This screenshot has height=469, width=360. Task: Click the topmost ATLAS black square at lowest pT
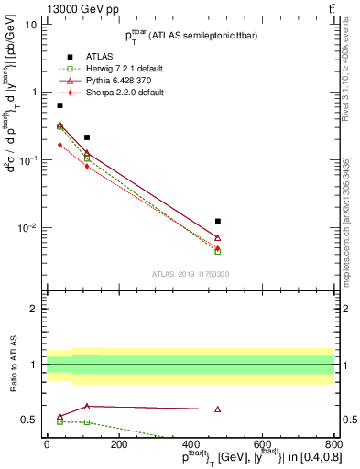click(60, 105)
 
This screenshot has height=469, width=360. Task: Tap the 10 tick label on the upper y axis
click(31, 25)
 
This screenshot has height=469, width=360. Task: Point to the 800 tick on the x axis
click(333, 445)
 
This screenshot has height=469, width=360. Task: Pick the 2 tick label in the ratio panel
click(33, 310)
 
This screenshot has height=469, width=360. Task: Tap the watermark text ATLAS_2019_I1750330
click(190, 274)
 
